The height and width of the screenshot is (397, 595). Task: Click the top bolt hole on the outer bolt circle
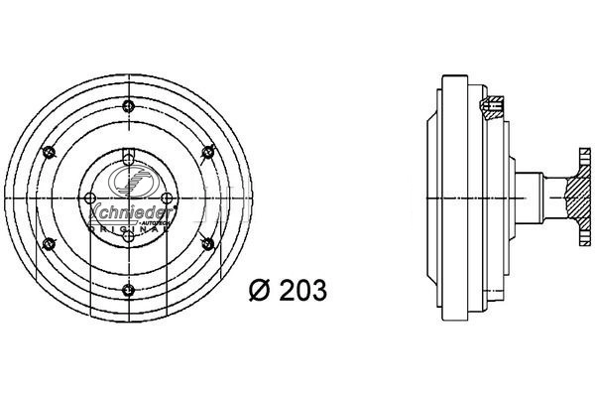click(x=128, y=107)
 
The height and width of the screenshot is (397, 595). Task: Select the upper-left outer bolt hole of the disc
click(x=48, y=151)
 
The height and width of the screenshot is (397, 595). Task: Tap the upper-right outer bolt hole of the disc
click(x=207, y=151)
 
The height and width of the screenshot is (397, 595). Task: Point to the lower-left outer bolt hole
click(x=48, y=242)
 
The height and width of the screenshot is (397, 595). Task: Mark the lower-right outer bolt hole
click(x=207, y=242)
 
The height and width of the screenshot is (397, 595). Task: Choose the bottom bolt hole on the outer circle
click(x=128, y=289)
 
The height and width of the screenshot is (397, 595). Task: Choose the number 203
click(x=301, y=290)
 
